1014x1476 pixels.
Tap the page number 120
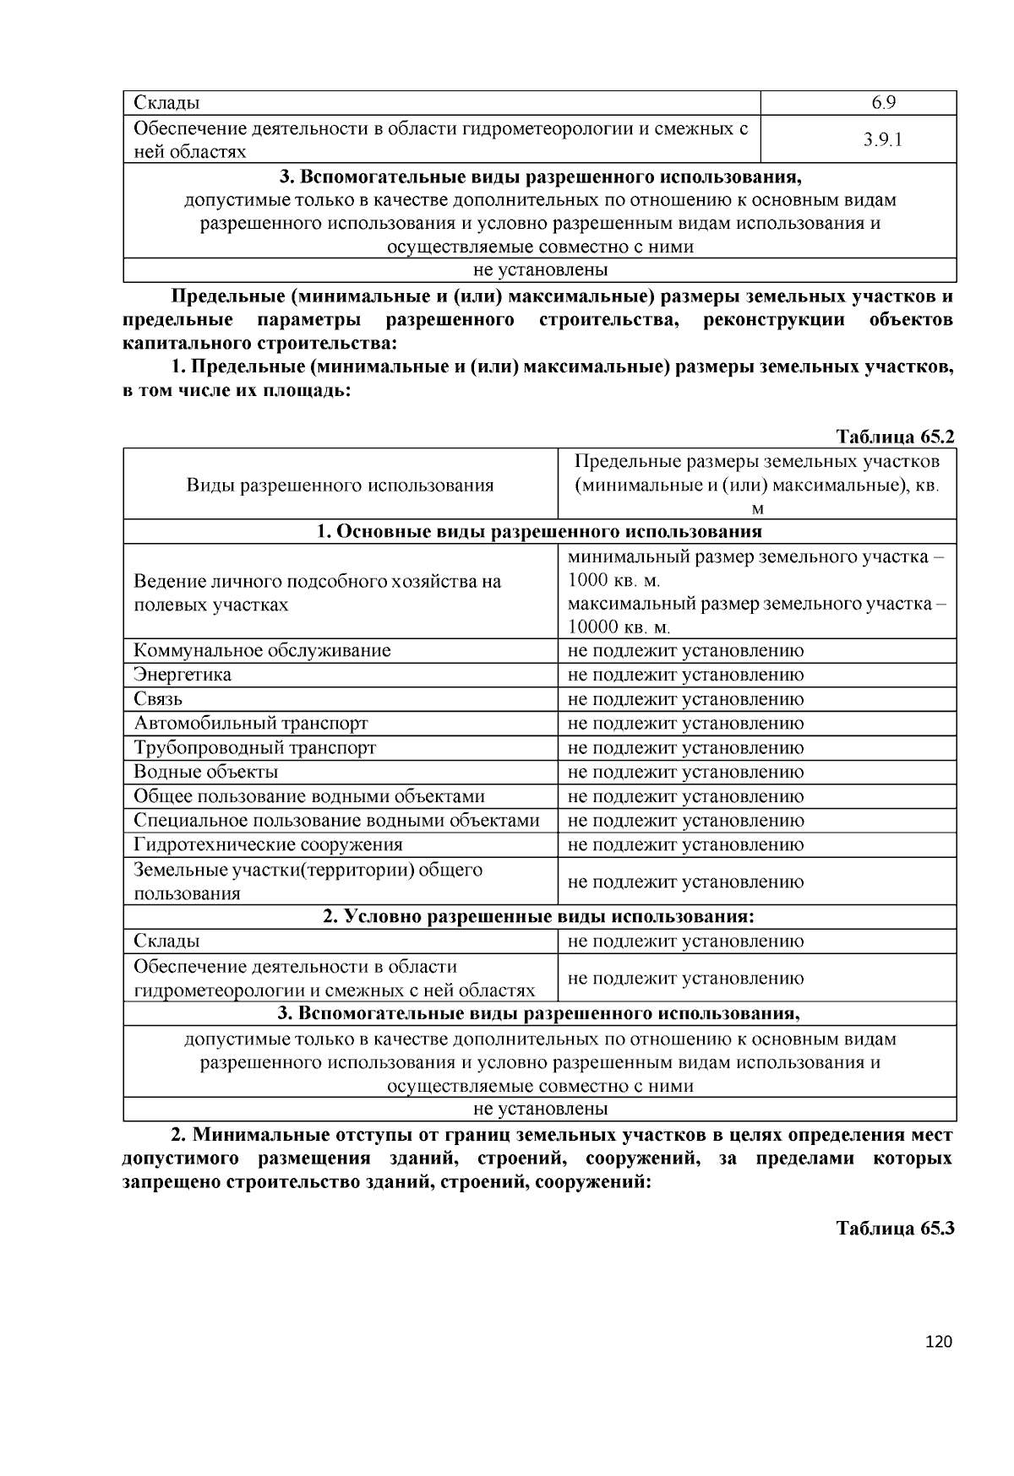(939, 1342)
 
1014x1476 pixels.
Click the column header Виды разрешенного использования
(340, 485)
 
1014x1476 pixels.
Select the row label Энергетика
(183, 675)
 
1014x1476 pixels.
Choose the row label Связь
(158, 699)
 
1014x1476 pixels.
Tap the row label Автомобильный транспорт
(251, 724)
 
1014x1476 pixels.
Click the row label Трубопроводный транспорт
(254, 748)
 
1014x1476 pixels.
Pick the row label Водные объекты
(205, 772)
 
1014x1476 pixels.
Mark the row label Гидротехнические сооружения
(268, 844)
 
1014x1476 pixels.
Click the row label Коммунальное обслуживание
(262, 650)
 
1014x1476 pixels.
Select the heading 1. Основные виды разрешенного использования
(539, 531)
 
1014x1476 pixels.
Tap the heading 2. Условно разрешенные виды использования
(539, 917)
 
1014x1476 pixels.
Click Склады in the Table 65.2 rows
(166, 941)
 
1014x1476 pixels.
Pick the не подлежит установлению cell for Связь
(685, 699)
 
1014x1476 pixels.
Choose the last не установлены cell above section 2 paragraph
(540, 1109)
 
